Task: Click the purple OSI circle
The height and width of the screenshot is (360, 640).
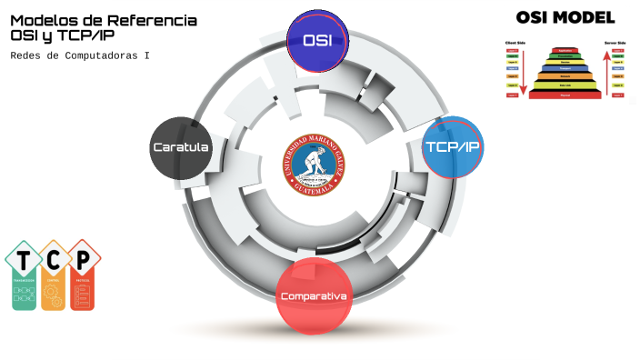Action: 317,41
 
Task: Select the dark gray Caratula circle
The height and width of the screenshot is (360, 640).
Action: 181,147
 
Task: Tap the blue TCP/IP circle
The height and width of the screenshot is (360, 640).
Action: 453,147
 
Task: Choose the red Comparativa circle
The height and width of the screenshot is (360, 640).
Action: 314,295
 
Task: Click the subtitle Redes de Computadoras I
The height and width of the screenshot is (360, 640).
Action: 80,55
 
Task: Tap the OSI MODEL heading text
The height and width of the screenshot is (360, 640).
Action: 565,16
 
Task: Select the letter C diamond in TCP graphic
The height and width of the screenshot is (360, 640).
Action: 54,260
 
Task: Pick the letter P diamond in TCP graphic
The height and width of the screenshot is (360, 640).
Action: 83,260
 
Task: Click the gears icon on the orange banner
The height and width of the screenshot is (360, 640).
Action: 54,294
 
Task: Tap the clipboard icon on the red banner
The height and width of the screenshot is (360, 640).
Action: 83,295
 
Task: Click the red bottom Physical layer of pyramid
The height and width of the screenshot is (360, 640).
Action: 565,95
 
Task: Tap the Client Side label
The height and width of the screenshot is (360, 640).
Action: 514,42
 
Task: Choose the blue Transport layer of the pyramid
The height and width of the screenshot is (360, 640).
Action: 565,68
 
